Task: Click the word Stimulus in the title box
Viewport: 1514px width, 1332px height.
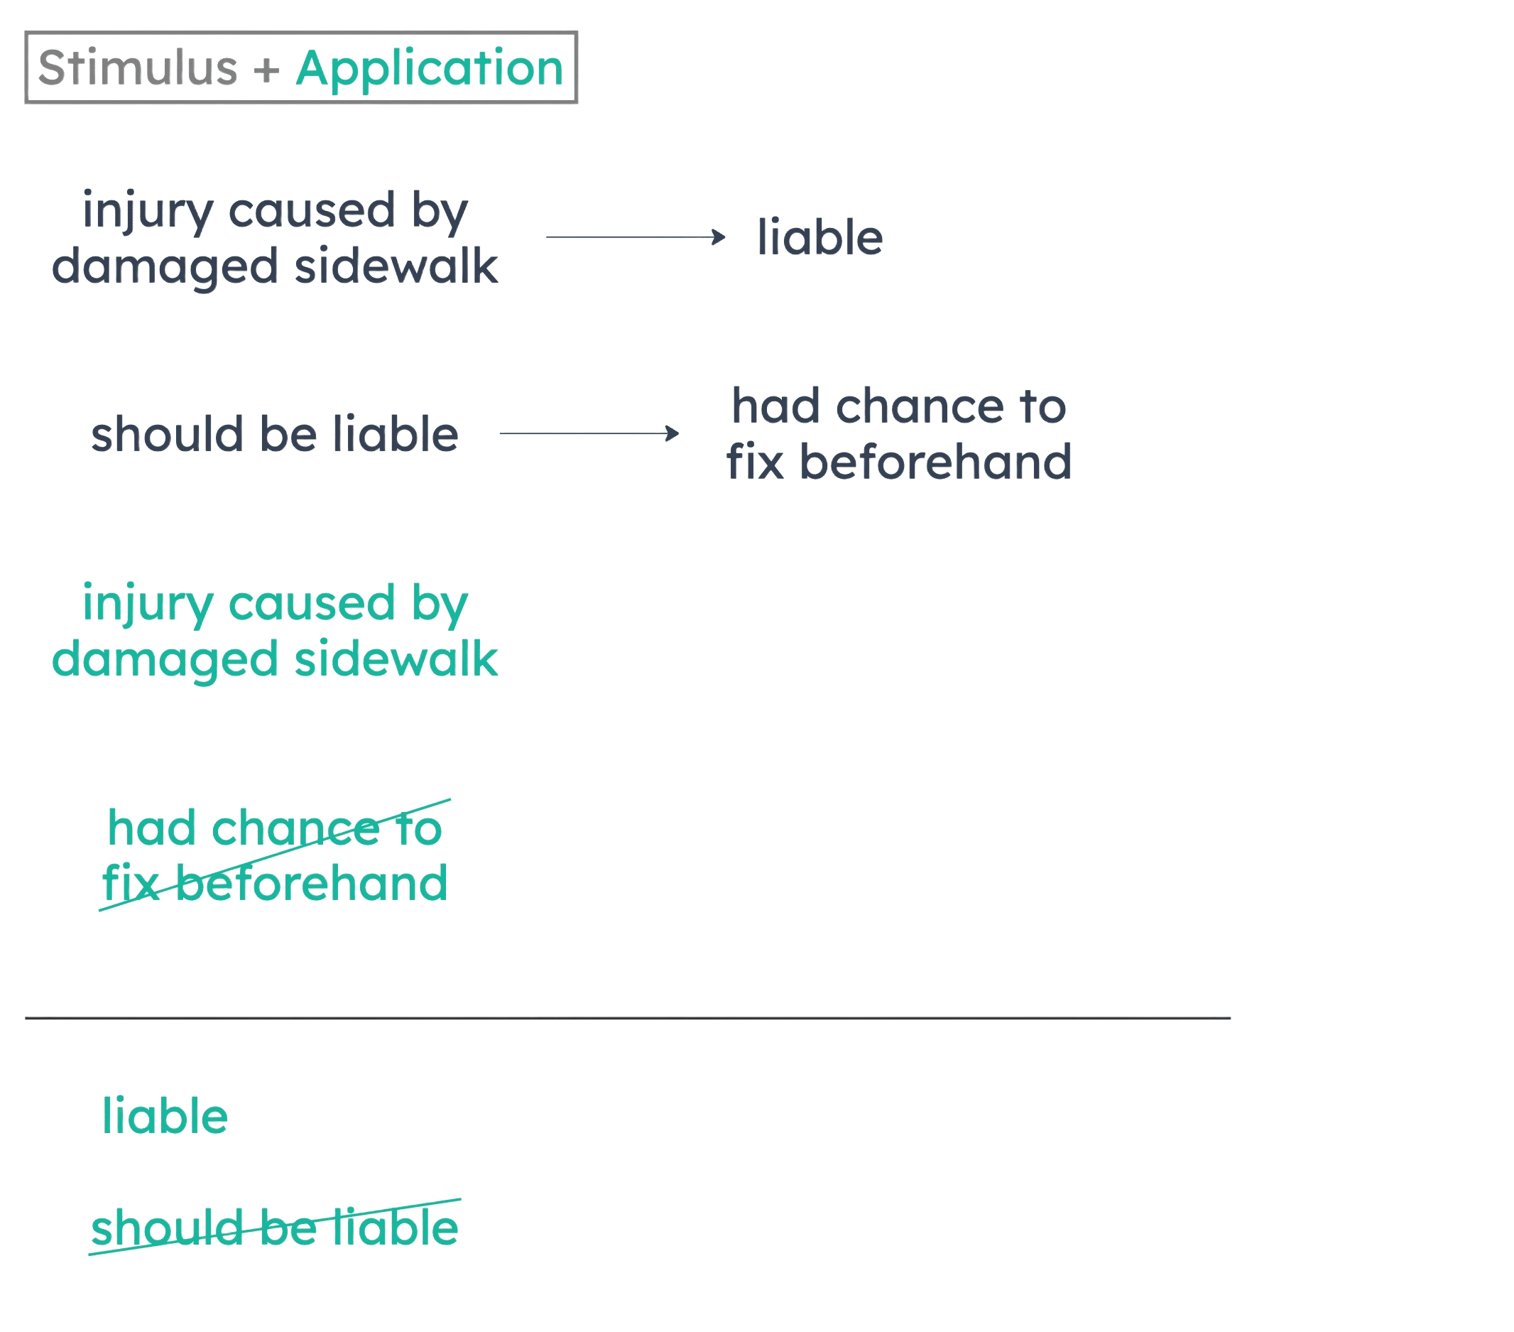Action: pyautogui.click(x=137, y=68)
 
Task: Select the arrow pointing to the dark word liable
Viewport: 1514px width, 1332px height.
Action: pyautogui.click(x=636, y=237)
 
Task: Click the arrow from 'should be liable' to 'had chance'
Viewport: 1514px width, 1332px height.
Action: pyautogui.click(x=589, y=433)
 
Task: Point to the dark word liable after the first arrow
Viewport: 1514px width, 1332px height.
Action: pyautogui.click(x=820, y=237)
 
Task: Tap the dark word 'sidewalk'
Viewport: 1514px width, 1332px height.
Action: pyautogui.click(x=397, y=266)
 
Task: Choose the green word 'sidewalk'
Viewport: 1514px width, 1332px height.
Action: pyautogui.click(x=397, y=659)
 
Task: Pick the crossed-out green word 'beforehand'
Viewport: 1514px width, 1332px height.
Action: pyautogui.click(x=312, y=883)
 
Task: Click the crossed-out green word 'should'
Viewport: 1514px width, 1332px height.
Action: pyautogui.click(x=167, y=1228)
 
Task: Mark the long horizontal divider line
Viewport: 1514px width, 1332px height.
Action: pyautogui.click(x=626, y=1019)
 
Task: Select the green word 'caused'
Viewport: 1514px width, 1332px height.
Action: pyautogui.click(x=311, y=603)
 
